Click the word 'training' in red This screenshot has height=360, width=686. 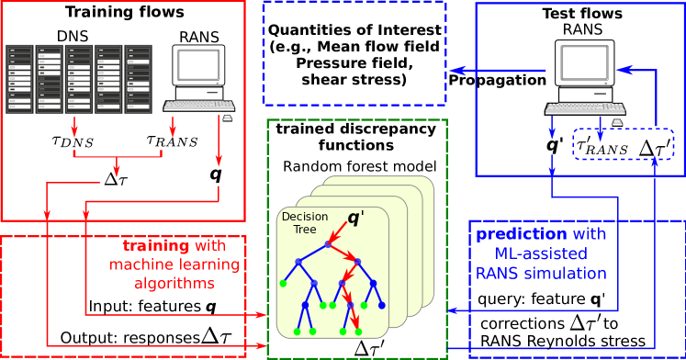pyautogui.click(x=156, y=246)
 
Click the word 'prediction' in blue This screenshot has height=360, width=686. pyautogui.click(x=521, y=234)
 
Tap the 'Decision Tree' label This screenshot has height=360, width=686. pyautogui.click(x=304, y=222)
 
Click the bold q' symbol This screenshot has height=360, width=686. pyautogui.click(x=355, y=219)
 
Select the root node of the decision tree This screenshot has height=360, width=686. pyautogui.click(x=328, y=244)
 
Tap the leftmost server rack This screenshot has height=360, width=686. pyautogui.click(x=19, y=79)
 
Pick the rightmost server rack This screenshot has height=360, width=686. pyautogui.click(x=138, y=79)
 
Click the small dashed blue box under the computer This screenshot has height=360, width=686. pyautogui.click(x=623, y=144)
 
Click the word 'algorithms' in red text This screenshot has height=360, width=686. pyautogui.click(x=174, y=284)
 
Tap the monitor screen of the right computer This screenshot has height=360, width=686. pyautogui.click(x=585, y=62)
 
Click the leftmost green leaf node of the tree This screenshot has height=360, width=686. pyautogui.click(x=283, y=283)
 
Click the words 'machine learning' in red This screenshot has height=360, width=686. pyautogui.click(x=174, y=265)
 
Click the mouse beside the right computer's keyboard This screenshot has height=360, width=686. pyautogui.click(x=617, y=121)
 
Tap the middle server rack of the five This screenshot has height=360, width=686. pyautogui.click(x=79, y=79)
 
